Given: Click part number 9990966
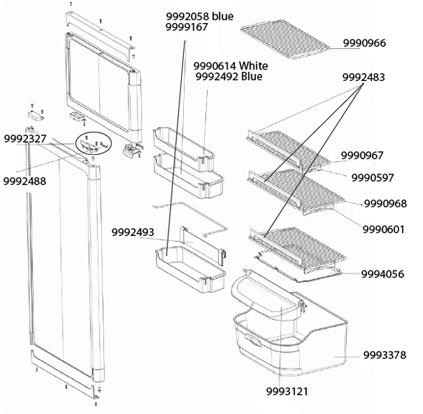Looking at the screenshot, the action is pos(364,43).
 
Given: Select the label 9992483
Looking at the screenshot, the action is pos(363,77).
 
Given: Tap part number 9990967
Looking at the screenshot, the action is pos(362,156).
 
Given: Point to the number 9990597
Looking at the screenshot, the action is pos(373,178).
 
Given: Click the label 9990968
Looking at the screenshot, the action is pos(386,204).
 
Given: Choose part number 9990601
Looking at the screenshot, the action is pos(384,230).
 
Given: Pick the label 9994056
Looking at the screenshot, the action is pos(383,274).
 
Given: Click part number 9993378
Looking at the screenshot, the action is pos(385,355).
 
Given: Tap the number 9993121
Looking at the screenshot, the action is pos(287,392).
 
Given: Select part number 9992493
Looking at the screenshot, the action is pos(133,232).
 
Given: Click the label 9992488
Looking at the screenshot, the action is pos(24,181).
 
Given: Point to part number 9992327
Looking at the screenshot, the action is pos(25,139).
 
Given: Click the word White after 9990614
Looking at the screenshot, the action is pos(254,66).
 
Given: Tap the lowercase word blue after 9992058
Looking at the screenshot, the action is pos(223,17).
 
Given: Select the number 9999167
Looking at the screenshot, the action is pos(187,27).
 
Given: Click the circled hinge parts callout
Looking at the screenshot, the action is pos(93,143).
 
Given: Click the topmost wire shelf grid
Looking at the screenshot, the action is pos(285,39).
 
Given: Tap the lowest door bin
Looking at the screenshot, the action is pos(191,270).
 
